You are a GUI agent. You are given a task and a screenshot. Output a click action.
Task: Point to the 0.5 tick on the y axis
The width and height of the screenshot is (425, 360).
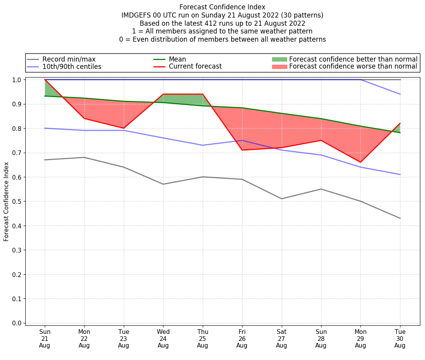pyautogui.click(x=17, y=201)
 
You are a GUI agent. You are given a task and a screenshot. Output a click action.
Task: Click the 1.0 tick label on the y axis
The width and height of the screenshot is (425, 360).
pyautogui.click(x=17, y=79)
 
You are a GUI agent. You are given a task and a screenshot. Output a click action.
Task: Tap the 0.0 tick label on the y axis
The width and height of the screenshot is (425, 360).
pyautogui.click(x=17, y=323)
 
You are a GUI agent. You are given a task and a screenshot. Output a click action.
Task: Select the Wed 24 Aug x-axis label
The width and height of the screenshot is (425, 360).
pyautogui.click(x=163, y=339)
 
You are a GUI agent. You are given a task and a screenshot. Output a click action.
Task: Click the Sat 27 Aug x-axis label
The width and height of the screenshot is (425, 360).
pyautogui.click(x=281, y=339)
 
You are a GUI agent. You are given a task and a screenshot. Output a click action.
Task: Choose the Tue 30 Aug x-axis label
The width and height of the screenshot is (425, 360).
pyautogui.click(x=400, y=339)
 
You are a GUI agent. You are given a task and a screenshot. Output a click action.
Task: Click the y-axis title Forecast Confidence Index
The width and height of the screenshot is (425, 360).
pyautogui.click(x=6, y=201)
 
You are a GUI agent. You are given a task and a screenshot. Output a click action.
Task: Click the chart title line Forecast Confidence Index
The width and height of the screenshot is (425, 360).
pyautogui.click(x=222, y=7)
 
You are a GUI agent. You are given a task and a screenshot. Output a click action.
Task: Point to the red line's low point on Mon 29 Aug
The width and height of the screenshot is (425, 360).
pyautogui.click(x=360, y=162)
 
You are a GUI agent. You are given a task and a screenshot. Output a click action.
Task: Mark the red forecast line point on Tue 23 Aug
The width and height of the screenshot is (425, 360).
pyautogui.click(x=124, y=128)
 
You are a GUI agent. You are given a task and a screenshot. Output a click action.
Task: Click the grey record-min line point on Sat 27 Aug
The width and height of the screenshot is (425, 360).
pyautogui.click(x=281, y=199)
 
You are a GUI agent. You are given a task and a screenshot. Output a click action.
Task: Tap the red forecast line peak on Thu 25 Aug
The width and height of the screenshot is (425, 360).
pyautogui.click(x=202, y=94)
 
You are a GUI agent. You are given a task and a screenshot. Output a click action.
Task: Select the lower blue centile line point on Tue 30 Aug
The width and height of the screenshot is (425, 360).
pyautogui.click(x=400, y=175)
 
